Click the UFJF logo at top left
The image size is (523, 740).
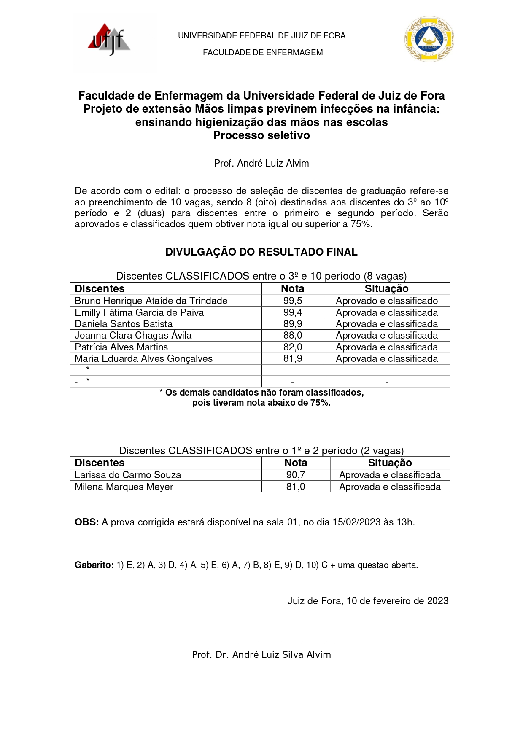(109, 40)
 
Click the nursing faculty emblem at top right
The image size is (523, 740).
(429, 39)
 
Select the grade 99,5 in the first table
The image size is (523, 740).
(293, 301)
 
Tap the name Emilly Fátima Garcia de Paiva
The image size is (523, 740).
(139, 312)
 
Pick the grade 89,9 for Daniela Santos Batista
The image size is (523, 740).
(293, 324)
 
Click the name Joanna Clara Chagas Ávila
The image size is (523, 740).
(133, 335)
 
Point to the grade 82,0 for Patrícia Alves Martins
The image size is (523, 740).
(293, 347)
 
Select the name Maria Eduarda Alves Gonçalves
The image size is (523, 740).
(143, 358)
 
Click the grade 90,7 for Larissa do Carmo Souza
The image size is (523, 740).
(296, 475)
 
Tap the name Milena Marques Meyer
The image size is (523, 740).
(124, 487)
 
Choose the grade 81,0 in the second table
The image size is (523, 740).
(296, 487)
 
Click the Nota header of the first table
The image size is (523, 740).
(293, 288)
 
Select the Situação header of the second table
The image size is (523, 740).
(390, 463)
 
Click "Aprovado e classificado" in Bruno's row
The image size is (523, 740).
(387, 301)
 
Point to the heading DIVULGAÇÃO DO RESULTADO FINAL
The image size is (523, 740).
(261, 252)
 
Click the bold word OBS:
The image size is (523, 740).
(87, 522)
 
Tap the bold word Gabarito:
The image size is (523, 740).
(94, 565)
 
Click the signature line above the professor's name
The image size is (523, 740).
(261, 641)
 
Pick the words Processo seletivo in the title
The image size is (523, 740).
(261, 135)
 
